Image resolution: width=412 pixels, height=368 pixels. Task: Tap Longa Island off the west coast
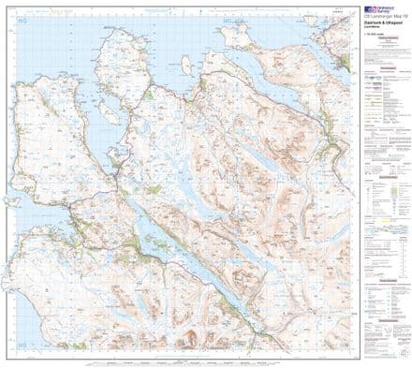12,200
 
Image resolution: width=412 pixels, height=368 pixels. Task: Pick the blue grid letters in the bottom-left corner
13,354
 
